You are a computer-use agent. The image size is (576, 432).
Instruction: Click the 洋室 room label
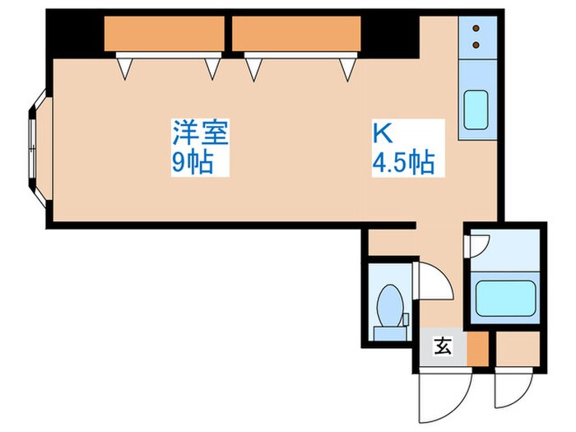(x=199, y=132)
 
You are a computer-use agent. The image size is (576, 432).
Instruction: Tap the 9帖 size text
(x=192, y=162)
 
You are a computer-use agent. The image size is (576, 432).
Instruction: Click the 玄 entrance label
(x=443, y=346)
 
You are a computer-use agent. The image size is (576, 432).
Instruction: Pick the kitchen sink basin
(x=476, y=109)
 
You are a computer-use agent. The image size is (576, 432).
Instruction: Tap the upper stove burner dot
(x=476, y=29)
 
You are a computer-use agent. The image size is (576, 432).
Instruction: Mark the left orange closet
(x=165, y=35)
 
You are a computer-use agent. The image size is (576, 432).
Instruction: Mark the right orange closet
(x=296, y=35)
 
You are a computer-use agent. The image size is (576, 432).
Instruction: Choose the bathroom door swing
(x=477, y=244)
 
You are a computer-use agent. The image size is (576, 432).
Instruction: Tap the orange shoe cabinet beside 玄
(x=476, y=347)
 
